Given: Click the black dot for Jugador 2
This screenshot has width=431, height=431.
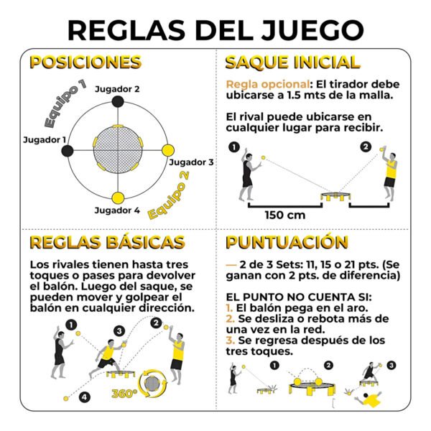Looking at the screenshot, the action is [x=118, y=102].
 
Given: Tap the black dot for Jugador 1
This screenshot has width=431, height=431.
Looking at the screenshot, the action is [x=68, y=151].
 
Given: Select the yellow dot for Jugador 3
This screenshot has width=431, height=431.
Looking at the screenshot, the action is [x=167, y=150].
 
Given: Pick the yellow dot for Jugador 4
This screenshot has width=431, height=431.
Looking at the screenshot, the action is [x=119, y=198].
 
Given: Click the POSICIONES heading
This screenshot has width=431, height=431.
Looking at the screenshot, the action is [x=85, y=62].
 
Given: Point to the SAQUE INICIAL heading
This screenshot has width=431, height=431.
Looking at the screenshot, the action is [x=293, y=62].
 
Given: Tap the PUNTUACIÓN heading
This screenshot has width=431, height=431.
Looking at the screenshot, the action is [x=287, y=243].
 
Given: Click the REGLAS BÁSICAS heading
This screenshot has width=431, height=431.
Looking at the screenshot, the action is [x=107, y=243].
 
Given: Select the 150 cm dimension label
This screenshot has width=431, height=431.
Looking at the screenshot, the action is [x=285, y=215].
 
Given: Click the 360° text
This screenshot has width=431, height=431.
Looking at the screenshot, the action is [x=124, y=394].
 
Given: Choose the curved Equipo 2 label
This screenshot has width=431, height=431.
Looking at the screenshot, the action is [x=169, y=195].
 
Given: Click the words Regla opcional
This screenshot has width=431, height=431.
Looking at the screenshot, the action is [x=268, y=84].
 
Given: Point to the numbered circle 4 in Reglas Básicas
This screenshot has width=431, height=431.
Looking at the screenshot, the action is [x=85, y=397].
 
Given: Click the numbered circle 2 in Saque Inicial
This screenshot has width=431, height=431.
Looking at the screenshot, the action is [x=366, y=147].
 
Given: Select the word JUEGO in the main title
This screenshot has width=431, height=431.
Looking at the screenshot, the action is [x=312, y=30].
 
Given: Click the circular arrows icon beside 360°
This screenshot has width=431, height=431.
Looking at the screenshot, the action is [x=152, y=384].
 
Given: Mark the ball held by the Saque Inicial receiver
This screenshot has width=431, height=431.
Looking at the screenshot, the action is [x=382, y=149].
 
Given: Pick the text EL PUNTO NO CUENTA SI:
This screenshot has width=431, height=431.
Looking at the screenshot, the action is [x=299, y=297].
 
